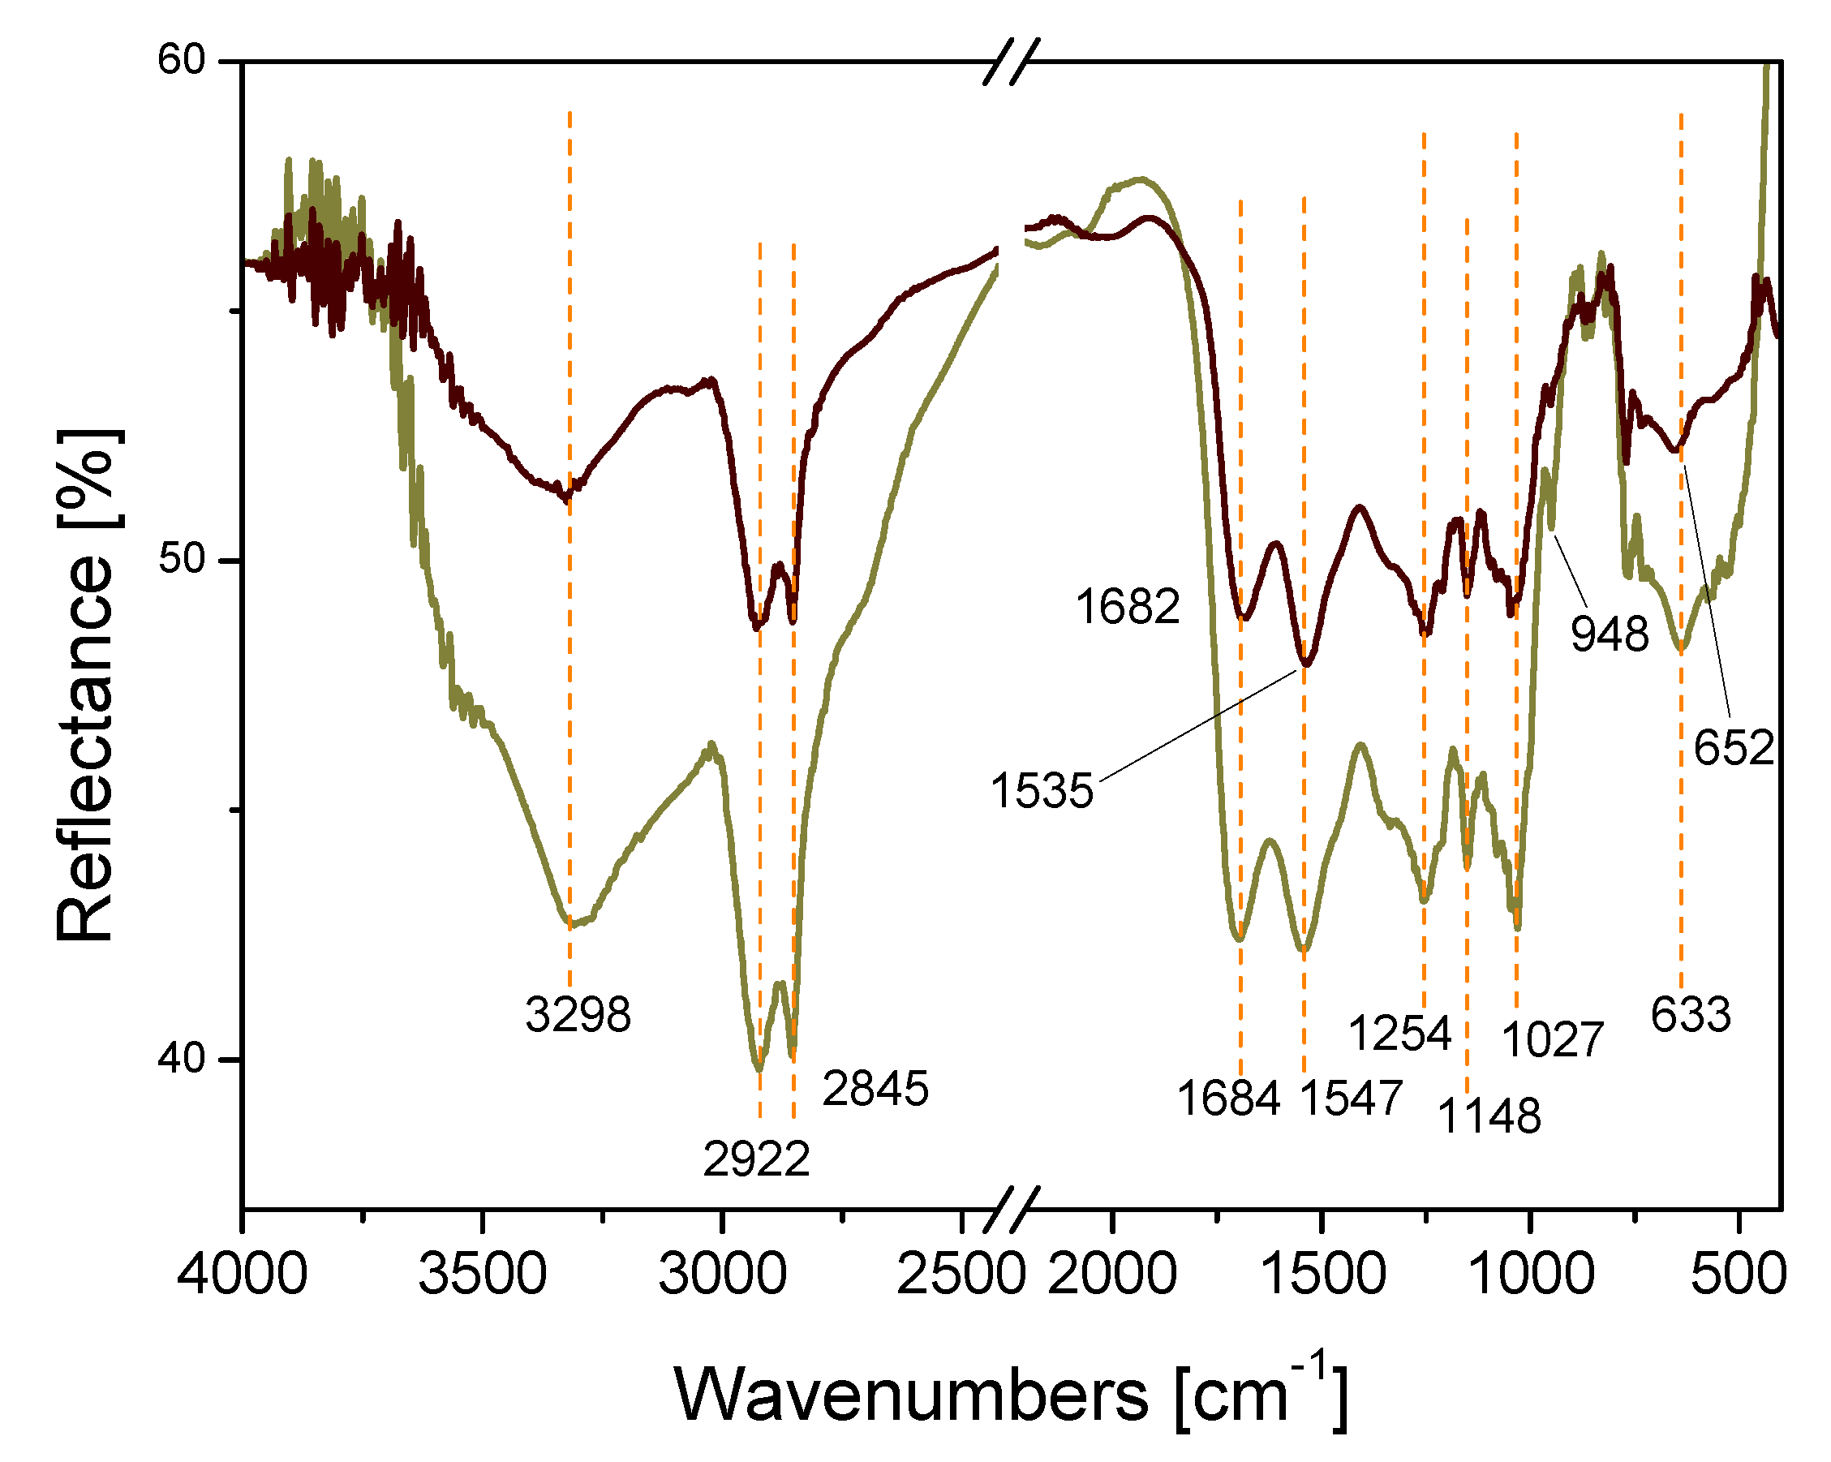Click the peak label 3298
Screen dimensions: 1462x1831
(x=578, y=1014)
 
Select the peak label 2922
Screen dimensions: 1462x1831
(x=756, y=1159)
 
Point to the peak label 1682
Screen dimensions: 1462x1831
(x=1127, y=607)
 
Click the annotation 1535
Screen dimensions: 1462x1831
(x=1042, y=791)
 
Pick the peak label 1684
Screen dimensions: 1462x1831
(x=1228, y=1098)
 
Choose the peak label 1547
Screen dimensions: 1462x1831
(x=1352, y=1098)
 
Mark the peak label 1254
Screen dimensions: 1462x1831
(x=1400, y=1033)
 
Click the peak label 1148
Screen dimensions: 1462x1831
(x=1489, y=1116)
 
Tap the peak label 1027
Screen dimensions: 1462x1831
(x=1553, y=1039)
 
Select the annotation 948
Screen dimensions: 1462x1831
(x=1610, y=634)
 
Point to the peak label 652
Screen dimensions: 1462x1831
(x=1734, y=747)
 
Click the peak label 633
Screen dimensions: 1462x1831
(x=1690, y=1014)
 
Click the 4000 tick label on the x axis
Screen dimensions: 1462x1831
(x=243, y=1275)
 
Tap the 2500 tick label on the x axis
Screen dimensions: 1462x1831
(x=961, y=1275)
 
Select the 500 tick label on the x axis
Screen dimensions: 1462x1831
(x=1739, y=1275)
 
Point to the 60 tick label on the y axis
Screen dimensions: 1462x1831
(x=182, y=61)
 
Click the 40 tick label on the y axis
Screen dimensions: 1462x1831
(x=182, y=1059)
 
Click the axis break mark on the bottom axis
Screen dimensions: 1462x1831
(x=1010, y=1208)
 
